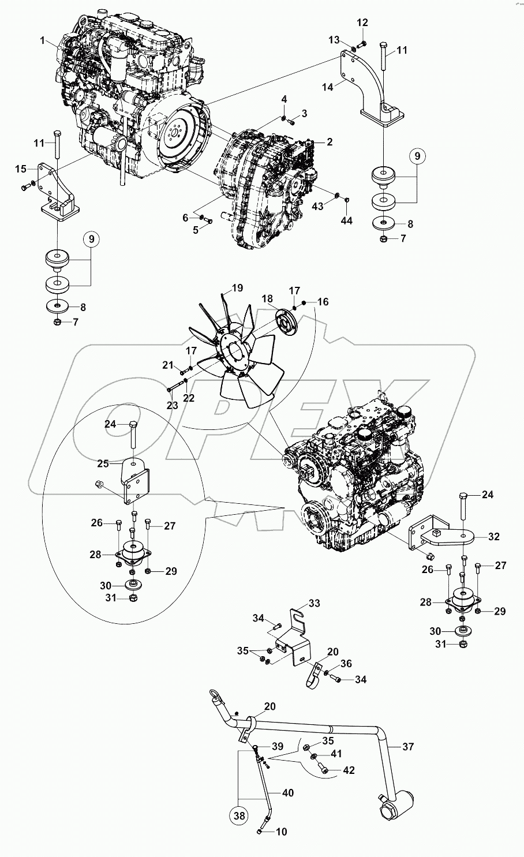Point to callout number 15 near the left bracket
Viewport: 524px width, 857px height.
coord(21,169)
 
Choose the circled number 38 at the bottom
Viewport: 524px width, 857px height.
coord(238,816)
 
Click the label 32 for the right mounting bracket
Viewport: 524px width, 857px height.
coord(494,537)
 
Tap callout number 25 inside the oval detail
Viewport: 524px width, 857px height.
coord(103,463)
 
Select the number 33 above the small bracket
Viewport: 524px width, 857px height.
coord(313,604)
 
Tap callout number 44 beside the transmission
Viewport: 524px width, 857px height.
coord(346,220)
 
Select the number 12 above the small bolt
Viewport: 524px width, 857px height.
coord(362,23)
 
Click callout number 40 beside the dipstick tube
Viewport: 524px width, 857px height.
coord(287,793)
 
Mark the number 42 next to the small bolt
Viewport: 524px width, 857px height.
coord(349,770)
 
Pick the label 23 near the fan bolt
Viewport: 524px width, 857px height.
coord(173,406)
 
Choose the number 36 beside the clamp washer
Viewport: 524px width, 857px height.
coord(346,663)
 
